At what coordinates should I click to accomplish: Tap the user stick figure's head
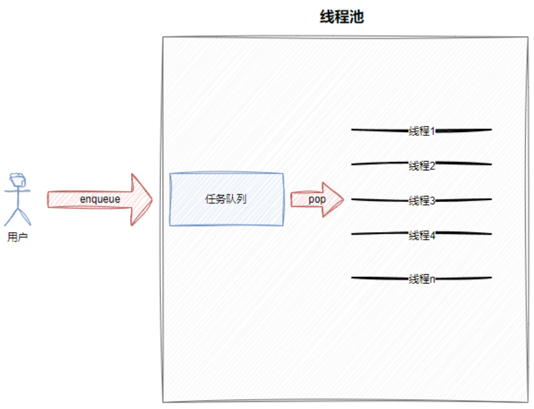click(18, 180)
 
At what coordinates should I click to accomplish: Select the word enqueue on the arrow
click(100, 199)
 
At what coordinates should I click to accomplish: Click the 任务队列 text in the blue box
click(226, 199)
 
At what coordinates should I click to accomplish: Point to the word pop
click(317, 199)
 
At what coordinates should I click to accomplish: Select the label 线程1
click(422, 131)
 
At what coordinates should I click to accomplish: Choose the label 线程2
click(422, 166)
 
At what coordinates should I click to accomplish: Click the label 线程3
click(422, 201)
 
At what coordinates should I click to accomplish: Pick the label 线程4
click(422, 235)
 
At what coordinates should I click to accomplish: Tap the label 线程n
click(422, 279)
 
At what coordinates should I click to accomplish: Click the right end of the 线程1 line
click(490, 130)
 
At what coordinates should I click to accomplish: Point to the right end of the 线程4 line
click(490, 234)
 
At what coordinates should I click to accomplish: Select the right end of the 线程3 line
click(490, 200)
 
